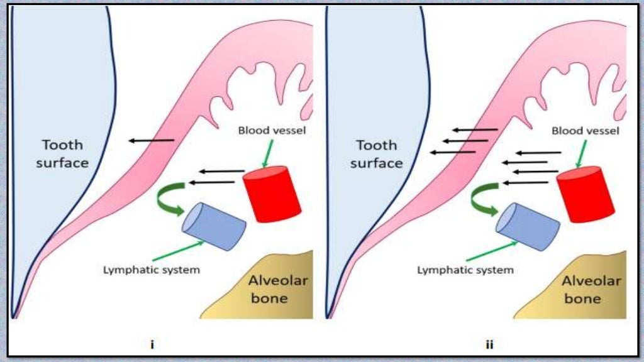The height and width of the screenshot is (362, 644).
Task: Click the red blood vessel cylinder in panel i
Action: (x=272, y=193)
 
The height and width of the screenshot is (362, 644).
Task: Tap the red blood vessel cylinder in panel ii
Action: (x=586, y=194)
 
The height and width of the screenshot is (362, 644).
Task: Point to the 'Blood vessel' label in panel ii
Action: (x=585, y=131)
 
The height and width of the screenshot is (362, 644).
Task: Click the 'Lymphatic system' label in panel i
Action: (x=152, y=270)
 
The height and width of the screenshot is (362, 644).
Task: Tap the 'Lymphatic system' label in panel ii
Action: (x=465, y=270)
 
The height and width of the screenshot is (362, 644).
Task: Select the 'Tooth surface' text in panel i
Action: (x=62, y=154)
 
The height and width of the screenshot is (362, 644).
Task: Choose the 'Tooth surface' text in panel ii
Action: (x=376, y=154)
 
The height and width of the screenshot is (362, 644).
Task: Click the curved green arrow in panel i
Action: (x=169, y=199)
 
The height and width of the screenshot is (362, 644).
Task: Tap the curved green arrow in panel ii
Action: (x=483, y=199)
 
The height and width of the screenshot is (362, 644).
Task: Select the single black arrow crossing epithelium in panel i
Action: (x=152, y=140)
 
